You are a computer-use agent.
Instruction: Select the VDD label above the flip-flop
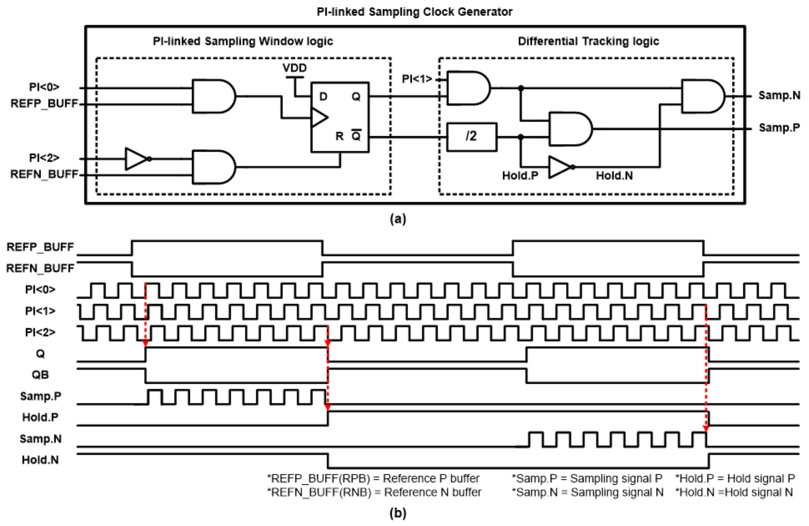pos(294,68)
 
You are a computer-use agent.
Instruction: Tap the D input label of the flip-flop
pos(323,97)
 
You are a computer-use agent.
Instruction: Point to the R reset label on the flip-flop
pos(339,136)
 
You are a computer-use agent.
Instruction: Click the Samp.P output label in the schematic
pos(779,128)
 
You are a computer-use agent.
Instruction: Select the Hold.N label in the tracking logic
pos(614,176)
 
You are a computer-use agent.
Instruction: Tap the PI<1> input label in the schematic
pos(417,79)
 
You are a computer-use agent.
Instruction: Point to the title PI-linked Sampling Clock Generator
pos(414,12)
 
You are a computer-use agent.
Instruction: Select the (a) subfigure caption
pos(398,219)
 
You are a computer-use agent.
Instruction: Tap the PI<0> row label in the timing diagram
pos(40,290)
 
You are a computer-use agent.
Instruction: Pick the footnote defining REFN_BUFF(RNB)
pos(374,492)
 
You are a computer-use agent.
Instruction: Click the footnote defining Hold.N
pos(734,492)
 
